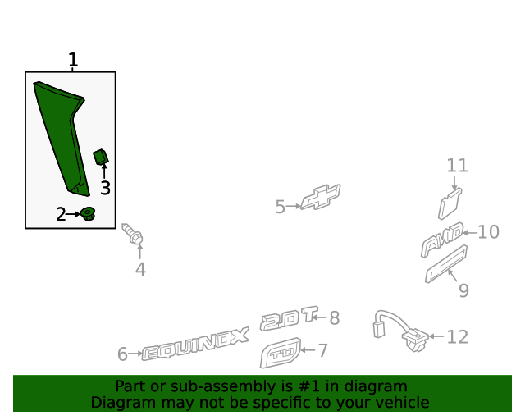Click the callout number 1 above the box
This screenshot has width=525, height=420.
(x=73, y=60)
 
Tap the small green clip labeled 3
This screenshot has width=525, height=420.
(x=101, y=156)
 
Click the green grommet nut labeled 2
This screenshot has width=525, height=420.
(x=88, y=214)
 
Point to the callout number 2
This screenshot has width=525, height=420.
(x=61, y=215)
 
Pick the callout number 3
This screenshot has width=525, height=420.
(x=105, y=189)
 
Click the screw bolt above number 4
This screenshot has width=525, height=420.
(x=132, y=235)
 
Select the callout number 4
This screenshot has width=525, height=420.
(x=140, y=269)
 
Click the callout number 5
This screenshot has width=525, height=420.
(x=280, y=207)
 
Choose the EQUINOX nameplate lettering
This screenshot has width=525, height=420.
(x=195, y=346)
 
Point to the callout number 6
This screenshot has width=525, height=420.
(x=122, y=354)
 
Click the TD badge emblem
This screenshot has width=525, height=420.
(x=279, y=355)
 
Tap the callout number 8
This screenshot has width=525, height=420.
(x=334, y=317)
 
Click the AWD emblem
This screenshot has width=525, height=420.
(x=442, y=239)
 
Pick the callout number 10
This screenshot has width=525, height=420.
(x=488, y=232)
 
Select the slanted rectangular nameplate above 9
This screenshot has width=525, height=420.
(x=445, y=264)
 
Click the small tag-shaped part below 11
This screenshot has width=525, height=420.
(x=450, y=202)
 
